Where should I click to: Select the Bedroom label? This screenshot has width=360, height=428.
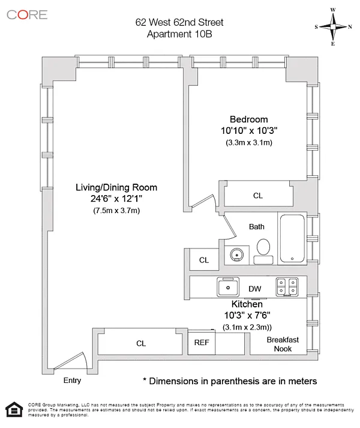tap(248, 119)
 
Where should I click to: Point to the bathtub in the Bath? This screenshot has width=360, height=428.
tap(292, 238)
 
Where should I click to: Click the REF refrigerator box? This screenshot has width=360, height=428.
tap(201, 343)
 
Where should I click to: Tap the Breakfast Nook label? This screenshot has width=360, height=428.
tap(283, 344)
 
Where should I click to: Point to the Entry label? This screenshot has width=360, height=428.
tap(72, 380)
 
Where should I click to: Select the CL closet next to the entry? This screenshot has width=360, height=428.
tap(141, 343)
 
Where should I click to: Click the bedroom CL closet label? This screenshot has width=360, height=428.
tap(258, 196)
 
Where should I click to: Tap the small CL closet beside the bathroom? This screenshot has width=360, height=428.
tap(204, 260)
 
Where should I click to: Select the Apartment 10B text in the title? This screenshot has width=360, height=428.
tap(179, 34)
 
